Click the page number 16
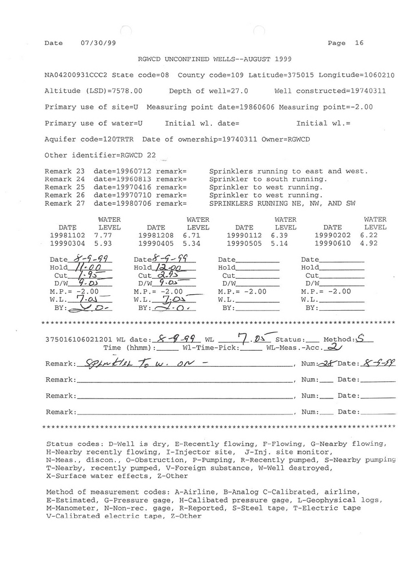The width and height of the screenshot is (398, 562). click(359, 43)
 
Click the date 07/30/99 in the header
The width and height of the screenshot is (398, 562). click(98, 43)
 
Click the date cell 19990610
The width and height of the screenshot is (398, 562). click(332, 243)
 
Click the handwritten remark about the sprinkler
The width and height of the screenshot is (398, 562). click(140, 363)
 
